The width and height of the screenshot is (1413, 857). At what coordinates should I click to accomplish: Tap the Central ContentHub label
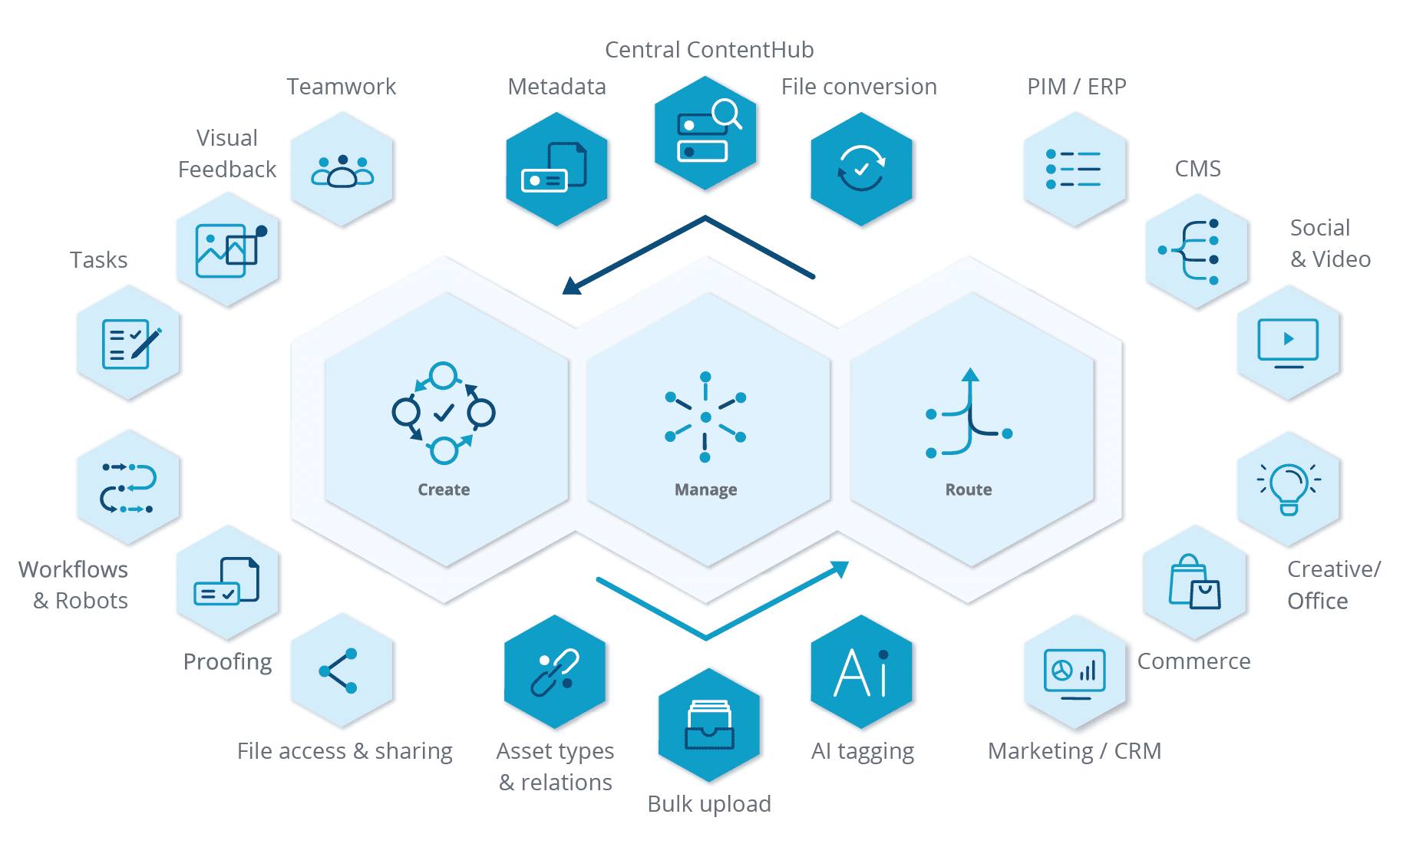[709, 50]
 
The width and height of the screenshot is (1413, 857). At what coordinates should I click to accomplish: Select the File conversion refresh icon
[861, 168]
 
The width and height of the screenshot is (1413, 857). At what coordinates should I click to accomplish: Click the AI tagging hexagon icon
[861, 672]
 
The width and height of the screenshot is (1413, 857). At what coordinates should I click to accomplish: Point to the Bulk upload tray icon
[709, 724]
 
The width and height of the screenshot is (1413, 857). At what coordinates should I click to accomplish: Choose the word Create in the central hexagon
[444, 489]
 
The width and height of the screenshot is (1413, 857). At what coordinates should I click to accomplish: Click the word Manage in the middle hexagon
[706, 489]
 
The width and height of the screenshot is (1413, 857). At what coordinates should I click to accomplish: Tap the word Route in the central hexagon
[969, 489]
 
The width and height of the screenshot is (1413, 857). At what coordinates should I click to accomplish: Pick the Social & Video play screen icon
[1288, 343]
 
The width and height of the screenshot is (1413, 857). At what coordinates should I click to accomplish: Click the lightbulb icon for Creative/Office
[1289, 489]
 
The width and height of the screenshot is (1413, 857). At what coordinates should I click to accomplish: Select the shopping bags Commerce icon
[1194, 582]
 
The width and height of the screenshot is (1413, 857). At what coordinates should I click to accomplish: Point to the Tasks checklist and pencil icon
[131, 344]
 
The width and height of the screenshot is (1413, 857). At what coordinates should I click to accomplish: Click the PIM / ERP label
[1076, 87]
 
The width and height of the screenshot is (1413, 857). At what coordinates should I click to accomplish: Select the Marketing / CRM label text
[1075, 751]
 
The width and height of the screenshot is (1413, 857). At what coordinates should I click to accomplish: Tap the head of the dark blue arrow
[572, 285]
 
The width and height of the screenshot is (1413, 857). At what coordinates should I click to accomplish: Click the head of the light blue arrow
[840, 569]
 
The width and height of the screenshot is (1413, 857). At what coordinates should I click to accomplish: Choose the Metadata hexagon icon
[556, 170]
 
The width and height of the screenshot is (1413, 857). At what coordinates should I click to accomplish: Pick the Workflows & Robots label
[73, 585]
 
